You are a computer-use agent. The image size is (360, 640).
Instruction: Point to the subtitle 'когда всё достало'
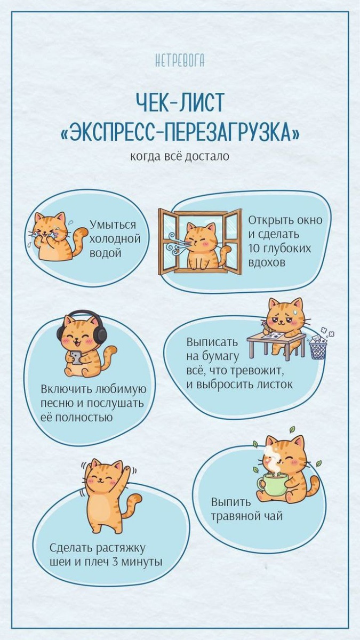pos(180,156)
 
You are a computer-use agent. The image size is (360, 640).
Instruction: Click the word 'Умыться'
pos(113,225)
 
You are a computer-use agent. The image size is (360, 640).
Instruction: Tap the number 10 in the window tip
pos(253,248)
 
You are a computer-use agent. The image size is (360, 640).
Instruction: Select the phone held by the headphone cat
pos(76,357)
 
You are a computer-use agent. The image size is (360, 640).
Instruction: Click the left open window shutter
pos(169,242)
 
